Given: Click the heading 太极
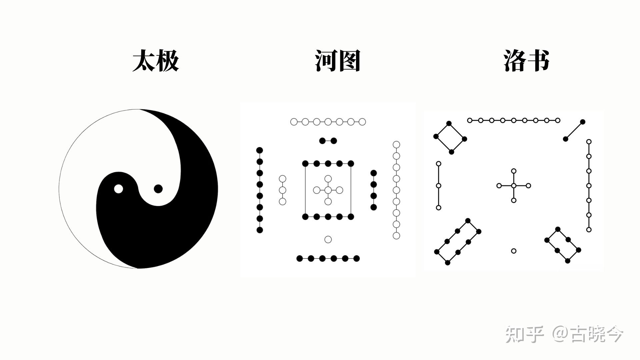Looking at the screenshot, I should tap(156, 61).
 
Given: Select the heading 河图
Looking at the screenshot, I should tap(338, 61).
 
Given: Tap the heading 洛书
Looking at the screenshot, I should tap(526, 61).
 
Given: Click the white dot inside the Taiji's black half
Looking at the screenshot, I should tap(118, 189).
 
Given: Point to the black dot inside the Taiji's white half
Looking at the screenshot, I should tap(158, 189).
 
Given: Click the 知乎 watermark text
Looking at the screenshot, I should tap(524, 334).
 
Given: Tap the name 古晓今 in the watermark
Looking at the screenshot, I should tap(597, 334).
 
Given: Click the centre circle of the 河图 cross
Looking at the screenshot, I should tap(328, 190).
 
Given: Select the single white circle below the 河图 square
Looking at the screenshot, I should tap(328, 239).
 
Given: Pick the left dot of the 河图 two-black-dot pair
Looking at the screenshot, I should tap(322, 141).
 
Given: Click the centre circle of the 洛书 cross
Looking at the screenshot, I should tap(514, 186).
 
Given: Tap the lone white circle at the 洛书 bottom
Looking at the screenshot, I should tap(514, 251).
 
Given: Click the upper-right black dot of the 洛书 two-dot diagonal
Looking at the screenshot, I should tap(583, 122).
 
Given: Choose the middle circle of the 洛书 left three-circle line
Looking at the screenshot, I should tap(439, 186).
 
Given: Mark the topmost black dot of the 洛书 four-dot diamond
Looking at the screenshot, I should tap(449, 123).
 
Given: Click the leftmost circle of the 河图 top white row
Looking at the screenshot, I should tap(294, 122).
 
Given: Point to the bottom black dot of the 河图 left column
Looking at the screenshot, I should tap(260, 230).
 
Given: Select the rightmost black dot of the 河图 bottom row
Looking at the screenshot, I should tap(356, 258).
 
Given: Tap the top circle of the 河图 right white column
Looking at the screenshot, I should tap(396, 144).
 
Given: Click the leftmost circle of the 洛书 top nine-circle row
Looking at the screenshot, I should tap(470, 120).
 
